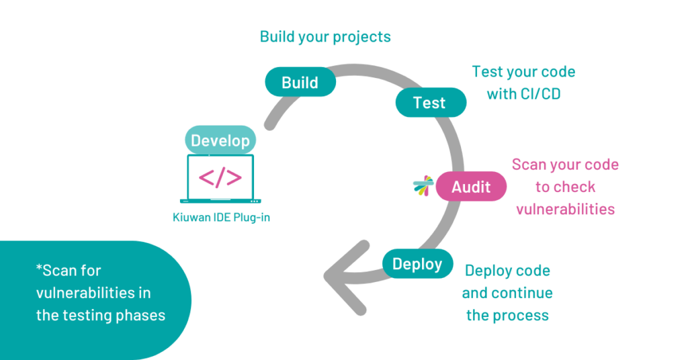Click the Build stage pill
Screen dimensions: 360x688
coord(300,82)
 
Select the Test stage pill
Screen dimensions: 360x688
coord(430,103)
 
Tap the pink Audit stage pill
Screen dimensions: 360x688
coord(471,187)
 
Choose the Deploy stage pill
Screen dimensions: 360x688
coord(417,264)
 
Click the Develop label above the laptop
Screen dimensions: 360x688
coord(220,140)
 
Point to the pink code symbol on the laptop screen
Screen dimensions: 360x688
coord(220,177)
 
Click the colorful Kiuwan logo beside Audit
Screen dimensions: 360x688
coord(423,187)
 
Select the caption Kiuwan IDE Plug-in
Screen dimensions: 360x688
coord(220,218)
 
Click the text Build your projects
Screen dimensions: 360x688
coord(325,37)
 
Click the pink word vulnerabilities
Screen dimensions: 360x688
coord(565,209)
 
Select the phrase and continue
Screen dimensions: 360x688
coord(507,293)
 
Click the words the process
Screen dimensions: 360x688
coord(507,315)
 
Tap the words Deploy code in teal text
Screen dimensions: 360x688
coord(507,271)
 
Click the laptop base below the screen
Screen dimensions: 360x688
coord(220,201)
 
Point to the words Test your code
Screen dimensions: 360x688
coord(523,72)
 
